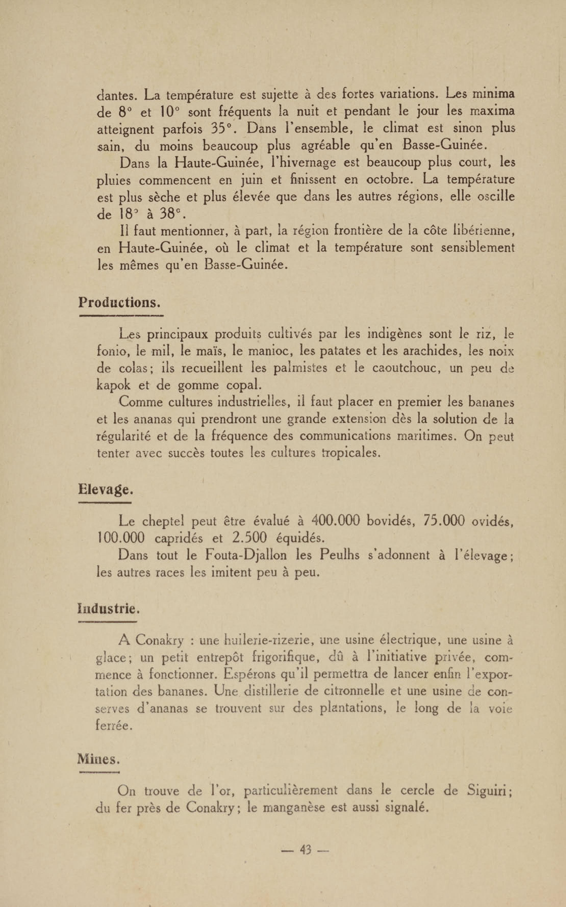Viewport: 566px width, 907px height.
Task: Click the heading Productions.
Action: (x=119, y=302)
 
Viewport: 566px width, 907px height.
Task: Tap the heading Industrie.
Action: (x=109, y=609)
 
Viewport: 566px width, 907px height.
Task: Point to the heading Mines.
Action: (x=98, y=759)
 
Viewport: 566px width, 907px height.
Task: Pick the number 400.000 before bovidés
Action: (x=335, y=520)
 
